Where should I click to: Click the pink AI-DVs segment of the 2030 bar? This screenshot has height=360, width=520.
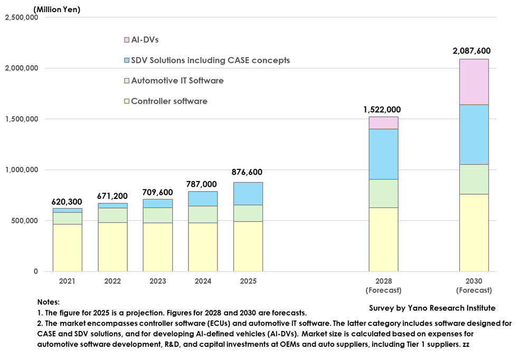point(474,82)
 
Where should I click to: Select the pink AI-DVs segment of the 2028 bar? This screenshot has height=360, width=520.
point(383,122)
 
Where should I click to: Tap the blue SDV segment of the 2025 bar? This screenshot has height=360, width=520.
point(248,193)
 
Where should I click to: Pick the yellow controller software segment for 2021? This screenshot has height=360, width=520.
point(67,248)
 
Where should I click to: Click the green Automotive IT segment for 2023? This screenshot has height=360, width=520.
point(157,215)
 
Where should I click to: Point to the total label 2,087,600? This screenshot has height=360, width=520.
point(471,51)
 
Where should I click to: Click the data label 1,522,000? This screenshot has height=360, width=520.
point(382,109)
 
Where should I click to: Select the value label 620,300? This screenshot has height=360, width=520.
point(67,202)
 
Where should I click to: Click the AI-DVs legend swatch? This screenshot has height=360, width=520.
point(127,40)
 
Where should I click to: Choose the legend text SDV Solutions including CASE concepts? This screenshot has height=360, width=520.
point(210,60)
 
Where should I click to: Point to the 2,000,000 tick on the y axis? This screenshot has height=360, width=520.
point(21,68)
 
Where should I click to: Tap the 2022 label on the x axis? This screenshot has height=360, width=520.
point(112,281)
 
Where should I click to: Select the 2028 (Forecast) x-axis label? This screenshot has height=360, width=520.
point(384,286)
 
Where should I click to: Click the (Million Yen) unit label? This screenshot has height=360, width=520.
point(56,9)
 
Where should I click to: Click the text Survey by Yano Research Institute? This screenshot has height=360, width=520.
point(432,308)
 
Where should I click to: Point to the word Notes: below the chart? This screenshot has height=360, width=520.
point(49,302)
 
